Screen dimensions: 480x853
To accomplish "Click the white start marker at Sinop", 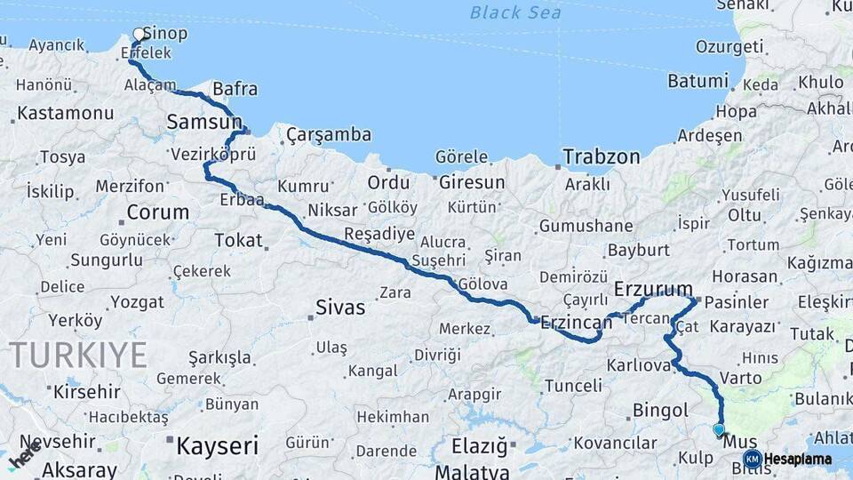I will point(139,35).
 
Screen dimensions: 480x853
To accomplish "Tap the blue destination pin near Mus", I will point(719,429).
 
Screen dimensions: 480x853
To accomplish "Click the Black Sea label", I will point(515,12).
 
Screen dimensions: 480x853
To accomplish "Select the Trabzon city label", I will point(602,157).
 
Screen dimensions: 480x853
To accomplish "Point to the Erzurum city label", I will point(653,289).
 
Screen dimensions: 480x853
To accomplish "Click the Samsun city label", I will point(204,122).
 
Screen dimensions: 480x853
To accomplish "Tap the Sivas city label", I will point(340,308).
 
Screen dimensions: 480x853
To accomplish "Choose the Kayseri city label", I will point(217,445).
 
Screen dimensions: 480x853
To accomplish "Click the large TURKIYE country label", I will point(78,356).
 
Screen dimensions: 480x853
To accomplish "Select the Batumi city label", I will point(698,81).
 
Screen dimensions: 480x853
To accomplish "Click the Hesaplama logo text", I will point(797,460).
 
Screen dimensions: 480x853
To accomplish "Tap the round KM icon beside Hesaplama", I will point(752,460).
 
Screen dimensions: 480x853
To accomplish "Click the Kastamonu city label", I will point(65,114).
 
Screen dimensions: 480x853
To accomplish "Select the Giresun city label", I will point(471,182).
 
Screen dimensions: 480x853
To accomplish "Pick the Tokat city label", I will point(238,240).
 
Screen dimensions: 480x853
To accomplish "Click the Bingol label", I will point(660,411).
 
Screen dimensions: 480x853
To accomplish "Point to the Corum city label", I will point(158,212).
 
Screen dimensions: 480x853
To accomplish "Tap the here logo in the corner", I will point(25,453).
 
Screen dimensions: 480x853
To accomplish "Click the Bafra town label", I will point(235,89).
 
